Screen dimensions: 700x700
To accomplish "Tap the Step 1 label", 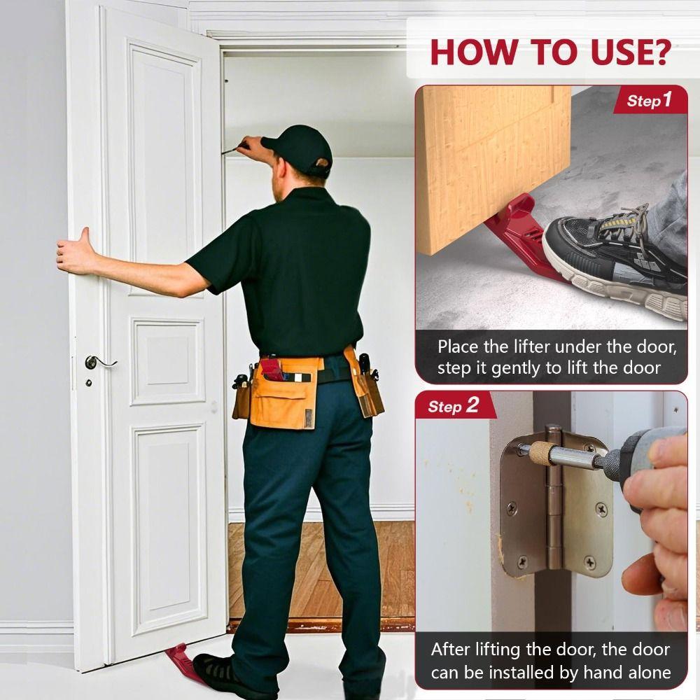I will pos(649,100).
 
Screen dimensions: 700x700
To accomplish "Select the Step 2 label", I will pos(454,406).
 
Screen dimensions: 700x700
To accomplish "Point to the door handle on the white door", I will pos(98,362).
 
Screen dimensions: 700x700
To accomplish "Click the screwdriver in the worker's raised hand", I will pos(234,148).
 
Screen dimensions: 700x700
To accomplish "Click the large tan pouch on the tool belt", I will pos(283,395).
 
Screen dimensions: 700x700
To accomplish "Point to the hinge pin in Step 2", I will pos(554,500).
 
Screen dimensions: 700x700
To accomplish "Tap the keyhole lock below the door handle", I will pos(89,383).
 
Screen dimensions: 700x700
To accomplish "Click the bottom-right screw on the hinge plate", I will pos(589,561).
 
